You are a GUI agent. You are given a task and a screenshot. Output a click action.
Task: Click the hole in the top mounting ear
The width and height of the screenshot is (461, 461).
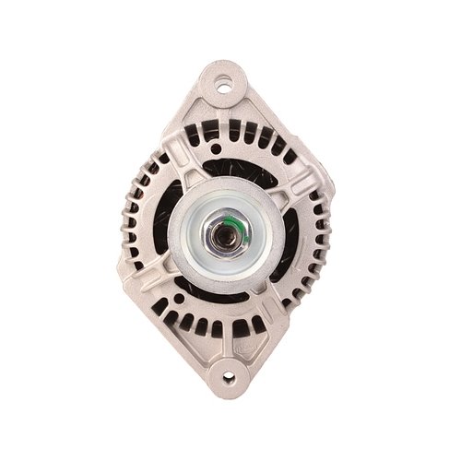click(x=224, y=89)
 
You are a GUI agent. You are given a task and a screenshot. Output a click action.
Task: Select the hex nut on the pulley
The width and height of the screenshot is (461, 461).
click(x=225, y=232)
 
